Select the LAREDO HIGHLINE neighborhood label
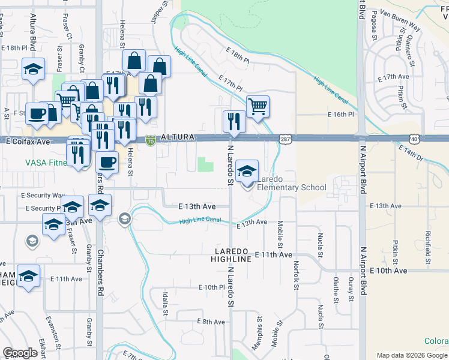[231, 254]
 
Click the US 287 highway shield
[285, 139]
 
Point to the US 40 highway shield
[415, 139]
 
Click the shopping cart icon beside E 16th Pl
[258, 107]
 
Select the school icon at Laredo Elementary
[247, 172]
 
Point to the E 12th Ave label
[252, 223]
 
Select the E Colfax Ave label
[28, 142]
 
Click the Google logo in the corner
[20, 353]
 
